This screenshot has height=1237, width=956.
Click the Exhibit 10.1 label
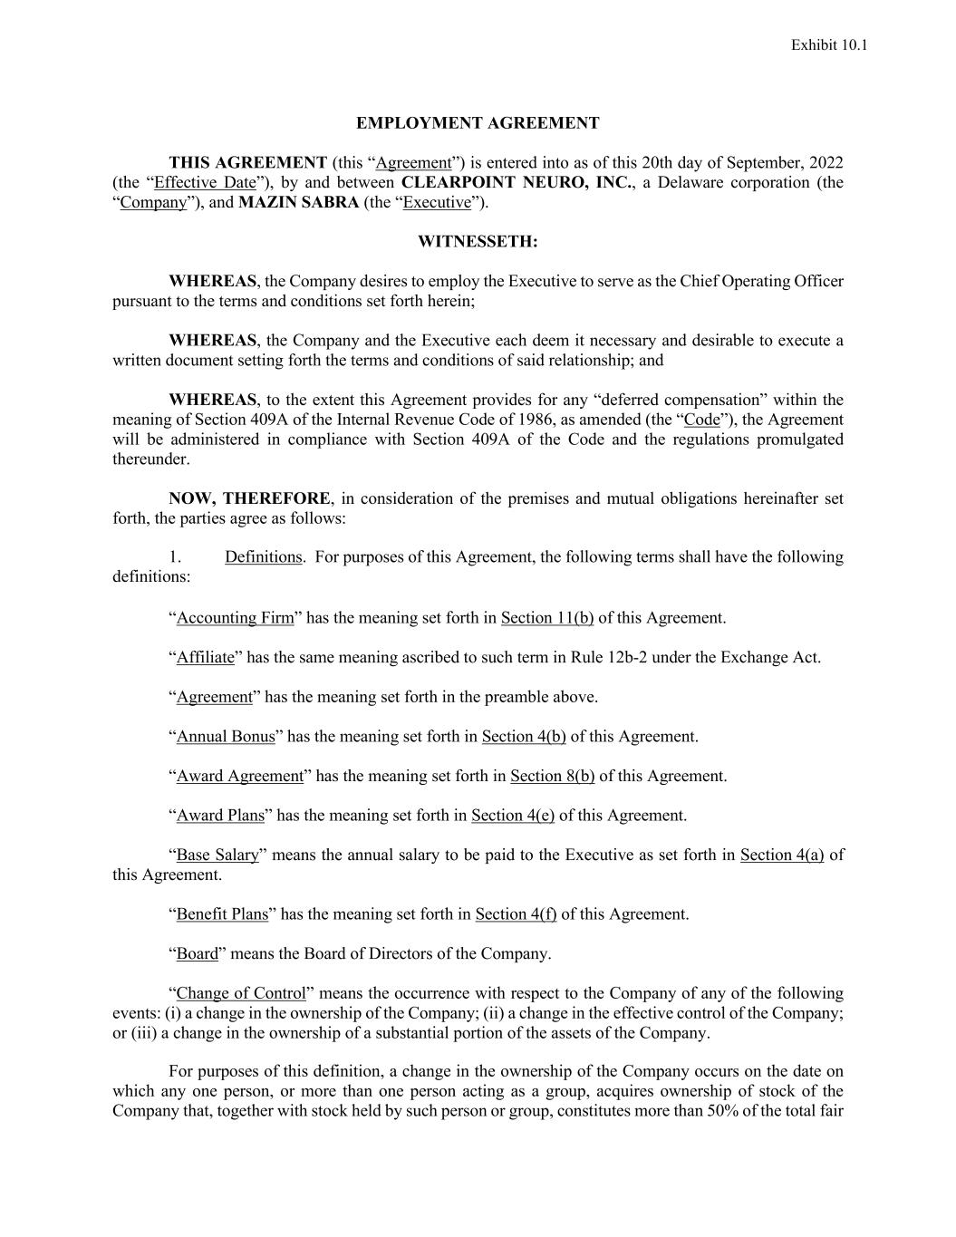tap(829, 45)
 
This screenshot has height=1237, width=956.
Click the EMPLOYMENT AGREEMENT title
tap(478, 123)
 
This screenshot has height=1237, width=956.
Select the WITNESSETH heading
tap(478, 242)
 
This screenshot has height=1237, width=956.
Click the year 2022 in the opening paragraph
tap(826, 163)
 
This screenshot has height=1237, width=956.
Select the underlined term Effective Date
tap(206, 182)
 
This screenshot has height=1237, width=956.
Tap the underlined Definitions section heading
tap(263, 557)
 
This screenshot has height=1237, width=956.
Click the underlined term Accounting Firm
tap(236, 618)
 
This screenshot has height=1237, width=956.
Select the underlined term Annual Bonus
tap(226, 737)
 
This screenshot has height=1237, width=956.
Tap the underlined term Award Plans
tap(220, 816)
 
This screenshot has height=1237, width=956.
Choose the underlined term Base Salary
tap(217, 855)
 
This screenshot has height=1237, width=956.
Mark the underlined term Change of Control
tap(241, 994)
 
